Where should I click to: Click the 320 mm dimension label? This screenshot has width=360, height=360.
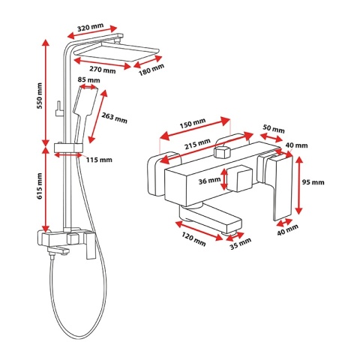point(90,27)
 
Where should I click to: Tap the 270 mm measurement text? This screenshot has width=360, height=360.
point(103,70)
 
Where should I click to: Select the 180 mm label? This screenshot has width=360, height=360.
point(151,70)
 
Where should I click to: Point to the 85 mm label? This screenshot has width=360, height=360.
point(88,80)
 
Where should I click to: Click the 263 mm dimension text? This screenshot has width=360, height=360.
point(114,118)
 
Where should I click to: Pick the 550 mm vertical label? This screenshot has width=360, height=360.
point(40,95)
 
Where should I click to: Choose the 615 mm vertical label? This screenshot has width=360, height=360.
point(40,186)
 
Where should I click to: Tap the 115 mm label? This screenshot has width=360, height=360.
point(99,160)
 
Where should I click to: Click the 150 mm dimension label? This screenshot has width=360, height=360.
point(193,123)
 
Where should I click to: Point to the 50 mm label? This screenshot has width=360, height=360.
point(274,129)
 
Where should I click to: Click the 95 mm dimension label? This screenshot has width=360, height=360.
point(313,182)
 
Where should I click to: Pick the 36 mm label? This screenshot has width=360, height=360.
point(209,180)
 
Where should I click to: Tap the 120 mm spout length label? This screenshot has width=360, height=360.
point(193,239)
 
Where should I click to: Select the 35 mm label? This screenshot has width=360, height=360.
point(241,244)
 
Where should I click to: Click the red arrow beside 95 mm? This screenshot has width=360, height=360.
point(299,186)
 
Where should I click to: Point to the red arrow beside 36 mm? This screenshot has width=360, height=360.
point(224,179)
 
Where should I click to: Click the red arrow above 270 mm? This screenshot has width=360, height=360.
point(102,63)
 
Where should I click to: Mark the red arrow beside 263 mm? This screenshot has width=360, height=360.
point(97,116)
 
